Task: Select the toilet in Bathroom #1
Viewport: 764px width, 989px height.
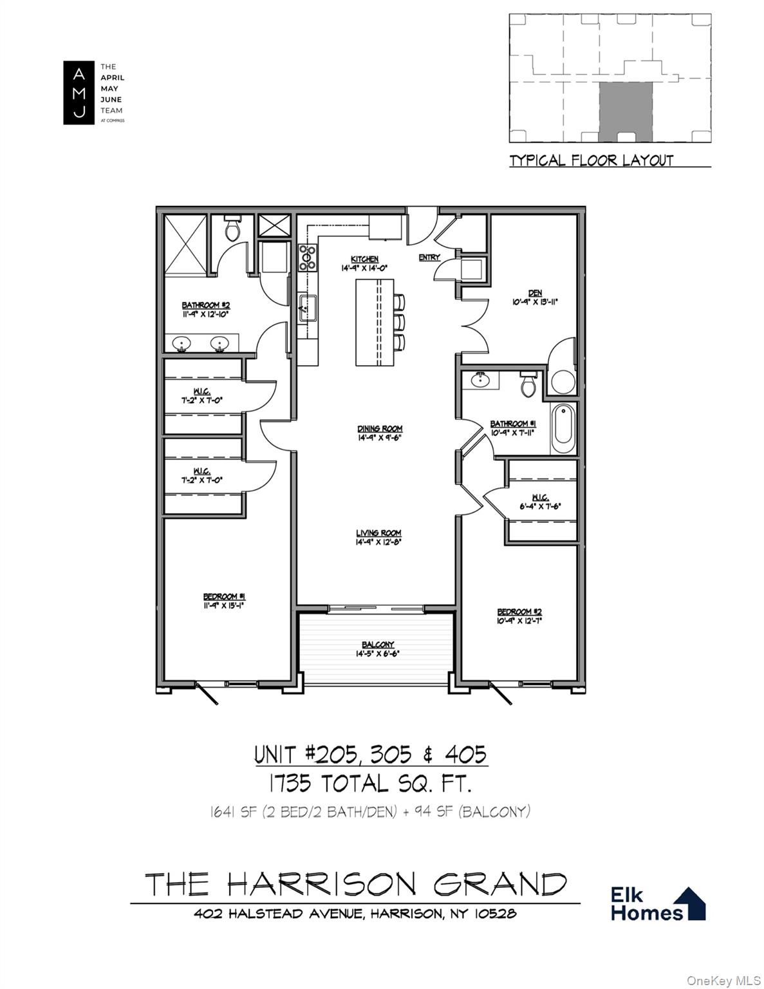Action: pyautogui.click(x=528, y=384)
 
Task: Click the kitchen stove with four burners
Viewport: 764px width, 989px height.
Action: pyautogui.click(x=307, y=256)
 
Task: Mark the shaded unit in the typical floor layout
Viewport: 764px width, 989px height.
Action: pyautogui.click(x=625, y=111)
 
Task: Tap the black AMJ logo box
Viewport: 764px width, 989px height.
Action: pyautogui.click(x=79, y=93)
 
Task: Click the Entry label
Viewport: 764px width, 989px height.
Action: pyautogui.click(x=429, y=258)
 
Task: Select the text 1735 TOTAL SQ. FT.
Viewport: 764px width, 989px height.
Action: pyautogui.click(x=371, y=784)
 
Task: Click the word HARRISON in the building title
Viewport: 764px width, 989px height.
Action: pyautogui.click(x=322, y=885)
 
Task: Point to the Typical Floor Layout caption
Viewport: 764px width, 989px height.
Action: pyautogui.click(x=591, y=160)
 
